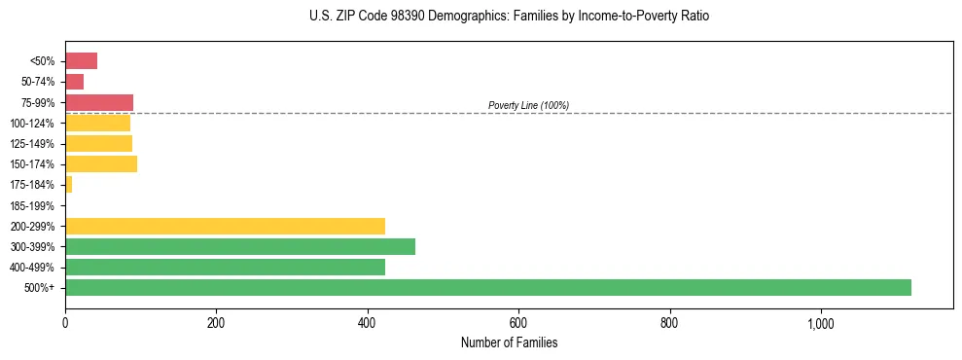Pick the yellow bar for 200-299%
[x=225, y=226]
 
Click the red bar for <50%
[x=81, y=61]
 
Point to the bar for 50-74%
[x=74, y=82]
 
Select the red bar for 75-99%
[x=99, y=102]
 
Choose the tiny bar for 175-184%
[x=68, y=184]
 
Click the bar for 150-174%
[x=101, y=163]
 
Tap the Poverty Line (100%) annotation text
[x=528, y=105]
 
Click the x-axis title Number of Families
[x=509, y=342]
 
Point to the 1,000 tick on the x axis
[x=821, y=323]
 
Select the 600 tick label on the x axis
[x=518, y=323]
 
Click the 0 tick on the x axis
[x=65, y=323]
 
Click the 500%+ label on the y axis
[x=40, y=288]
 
